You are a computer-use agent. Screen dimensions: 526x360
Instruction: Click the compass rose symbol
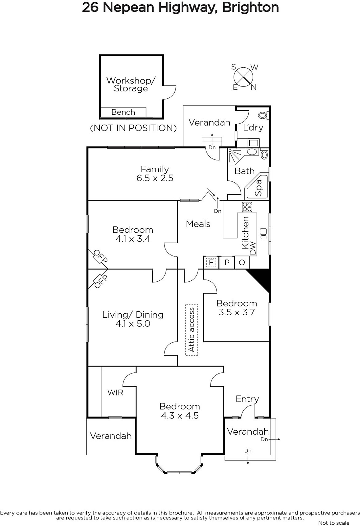[243, 77]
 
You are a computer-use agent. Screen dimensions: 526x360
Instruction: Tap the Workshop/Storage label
[131, 84]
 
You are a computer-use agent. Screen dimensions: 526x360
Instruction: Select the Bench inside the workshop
[123, 112]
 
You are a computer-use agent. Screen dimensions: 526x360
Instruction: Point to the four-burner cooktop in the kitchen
[247, 207]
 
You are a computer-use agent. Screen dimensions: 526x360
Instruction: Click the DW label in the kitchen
[253, 248]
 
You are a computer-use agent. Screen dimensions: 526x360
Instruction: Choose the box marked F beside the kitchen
[211, 262]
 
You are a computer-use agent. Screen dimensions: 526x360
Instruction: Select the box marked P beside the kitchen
[227, 262]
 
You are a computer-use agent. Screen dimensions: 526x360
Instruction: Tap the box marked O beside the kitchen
[242, 262]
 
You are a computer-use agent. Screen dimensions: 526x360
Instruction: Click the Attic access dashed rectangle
[192, 329]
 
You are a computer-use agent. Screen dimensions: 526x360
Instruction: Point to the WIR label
[115, 392]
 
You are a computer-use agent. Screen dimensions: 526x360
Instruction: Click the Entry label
[247, 399]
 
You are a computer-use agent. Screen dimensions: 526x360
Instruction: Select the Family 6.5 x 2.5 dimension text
[155, 178]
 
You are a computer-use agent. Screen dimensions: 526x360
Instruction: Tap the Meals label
[198, 224]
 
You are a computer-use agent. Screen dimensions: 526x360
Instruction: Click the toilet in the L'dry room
[263, 115]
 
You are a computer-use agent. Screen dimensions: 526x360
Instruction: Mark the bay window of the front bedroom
[179, 467]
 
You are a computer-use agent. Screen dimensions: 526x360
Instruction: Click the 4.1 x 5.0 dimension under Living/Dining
[133, 323]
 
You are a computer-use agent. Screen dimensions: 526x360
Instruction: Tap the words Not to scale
[334, 523]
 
